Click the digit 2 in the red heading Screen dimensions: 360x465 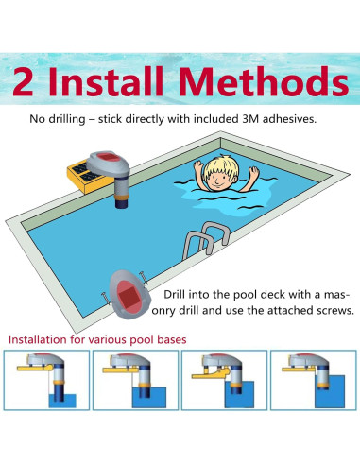(x=23, y=82)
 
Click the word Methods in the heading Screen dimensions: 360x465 (x=264, y=81)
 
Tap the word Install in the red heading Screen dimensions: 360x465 (x=106, y=81)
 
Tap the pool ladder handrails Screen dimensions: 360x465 (x=206, y=239)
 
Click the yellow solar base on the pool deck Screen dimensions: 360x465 (x=88, y=177)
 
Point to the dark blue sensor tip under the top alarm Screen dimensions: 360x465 (x=121, y=203)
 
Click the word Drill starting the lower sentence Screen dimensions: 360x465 (x=173, y=295)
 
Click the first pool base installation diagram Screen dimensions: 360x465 (x=46, y=380)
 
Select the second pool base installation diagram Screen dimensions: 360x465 (x=135, y=380)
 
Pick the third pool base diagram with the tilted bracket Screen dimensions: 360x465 (x=224, y=380)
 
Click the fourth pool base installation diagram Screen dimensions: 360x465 (x=314, y=380)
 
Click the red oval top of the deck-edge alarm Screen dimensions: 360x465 (x=108, y=157)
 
